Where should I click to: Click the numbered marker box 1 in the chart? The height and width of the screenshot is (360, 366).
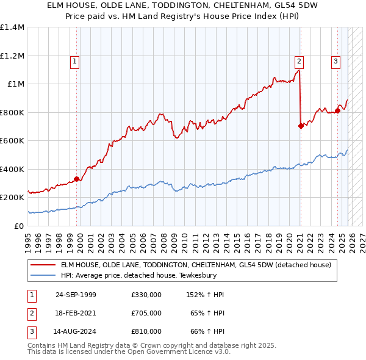tap(74, 60)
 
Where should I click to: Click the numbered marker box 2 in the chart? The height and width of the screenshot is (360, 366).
tap(300, 60)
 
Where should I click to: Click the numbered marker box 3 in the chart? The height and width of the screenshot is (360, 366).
tap(336, 60)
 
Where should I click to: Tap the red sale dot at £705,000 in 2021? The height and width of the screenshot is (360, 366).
tap(301, 126)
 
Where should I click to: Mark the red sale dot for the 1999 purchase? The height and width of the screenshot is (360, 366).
tap(77, 179)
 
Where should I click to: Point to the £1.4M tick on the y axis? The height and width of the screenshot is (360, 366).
tap(12, 27)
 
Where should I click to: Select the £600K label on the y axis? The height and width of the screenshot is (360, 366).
tap(12, 141)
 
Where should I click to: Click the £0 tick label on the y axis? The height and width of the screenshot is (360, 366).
tap(18, 226)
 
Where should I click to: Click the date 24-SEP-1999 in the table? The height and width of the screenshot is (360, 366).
tap(76, 295)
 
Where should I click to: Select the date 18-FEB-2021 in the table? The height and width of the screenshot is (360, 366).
tap(76, 313)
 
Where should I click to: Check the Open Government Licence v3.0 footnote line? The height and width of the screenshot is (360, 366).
tap(129, 352)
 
